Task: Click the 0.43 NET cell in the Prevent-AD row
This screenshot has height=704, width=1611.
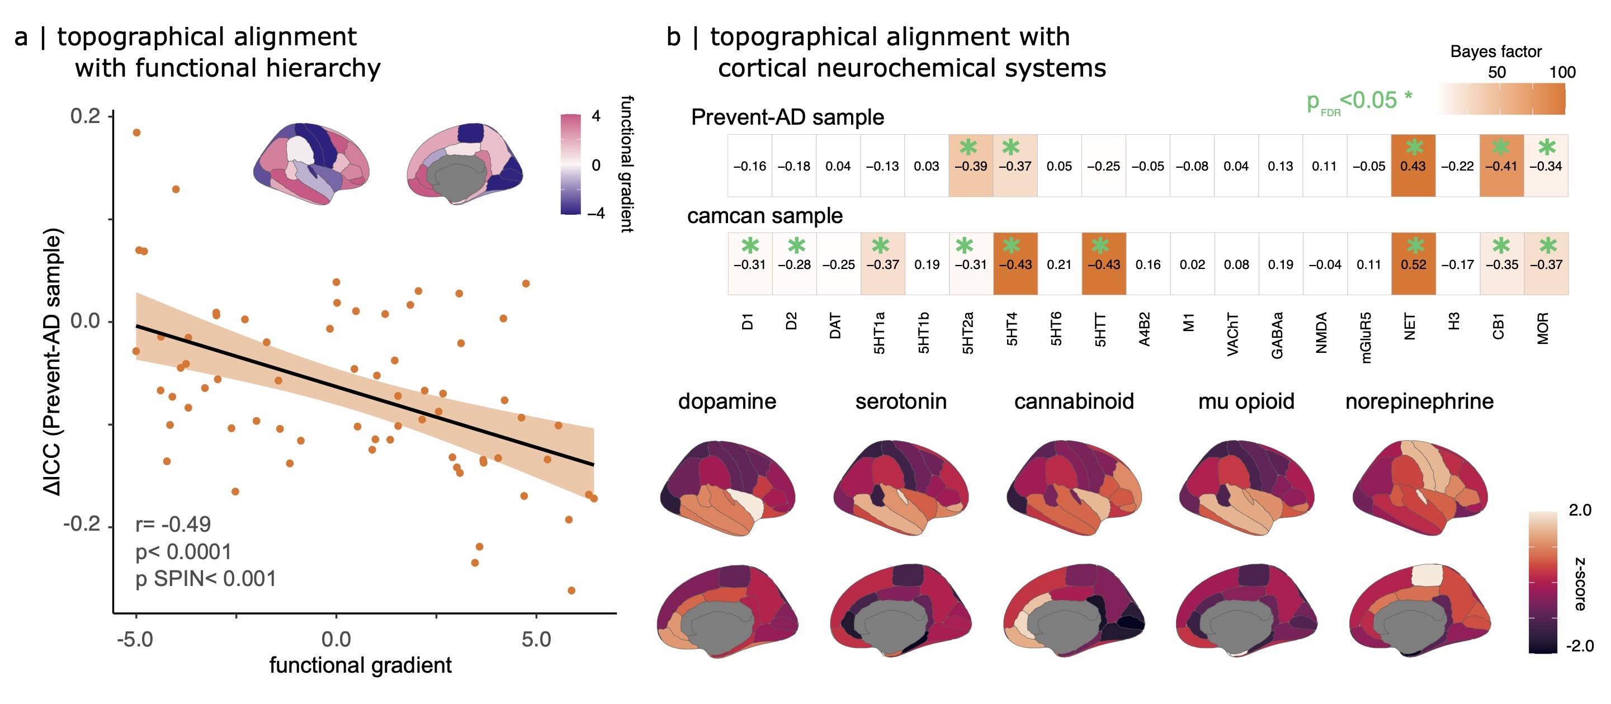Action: [1412, 166]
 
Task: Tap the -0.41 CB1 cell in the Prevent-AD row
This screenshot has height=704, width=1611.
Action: [1501, 166]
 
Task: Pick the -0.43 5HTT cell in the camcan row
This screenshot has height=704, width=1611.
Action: [1104, 264]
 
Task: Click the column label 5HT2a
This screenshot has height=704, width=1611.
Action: [968, 333]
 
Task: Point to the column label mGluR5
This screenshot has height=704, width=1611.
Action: [1366, 338]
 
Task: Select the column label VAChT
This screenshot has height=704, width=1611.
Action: [1232, 334]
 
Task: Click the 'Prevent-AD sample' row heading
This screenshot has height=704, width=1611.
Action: [787, 117]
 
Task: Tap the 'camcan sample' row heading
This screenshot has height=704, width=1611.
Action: [765, 216]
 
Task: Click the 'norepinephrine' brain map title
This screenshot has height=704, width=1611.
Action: [1419, 401]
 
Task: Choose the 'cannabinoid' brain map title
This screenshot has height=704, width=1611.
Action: [1074, 401]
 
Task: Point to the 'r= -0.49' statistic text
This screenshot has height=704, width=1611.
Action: [173, 524]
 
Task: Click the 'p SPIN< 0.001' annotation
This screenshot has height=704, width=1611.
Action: [206, 579]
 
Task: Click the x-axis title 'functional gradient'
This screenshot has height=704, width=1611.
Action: [360, 665]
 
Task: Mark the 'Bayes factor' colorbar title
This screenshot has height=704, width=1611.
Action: [1496, 51]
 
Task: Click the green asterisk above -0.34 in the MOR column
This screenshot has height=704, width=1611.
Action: [1547, 148]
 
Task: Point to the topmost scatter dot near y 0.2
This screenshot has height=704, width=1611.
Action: [136, 133]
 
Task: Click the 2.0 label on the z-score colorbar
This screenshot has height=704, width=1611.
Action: [1580, 510]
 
